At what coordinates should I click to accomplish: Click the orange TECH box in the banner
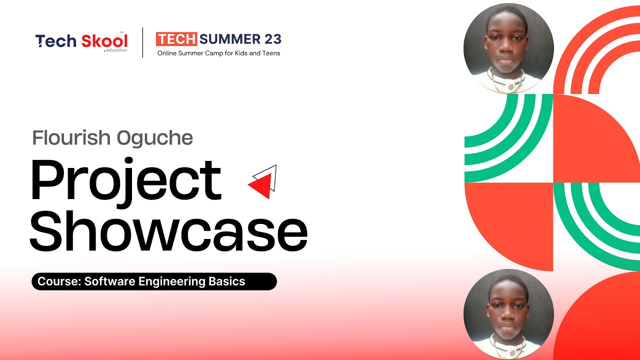point(177,39)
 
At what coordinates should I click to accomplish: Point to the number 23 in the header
point(273,39)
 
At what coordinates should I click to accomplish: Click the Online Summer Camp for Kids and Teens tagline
point(218,53)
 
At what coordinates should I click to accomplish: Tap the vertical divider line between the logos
point(143,42)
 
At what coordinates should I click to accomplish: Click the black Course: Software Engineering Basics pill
point(154,281)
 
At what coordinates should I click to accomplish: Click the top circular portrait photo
point(508,49)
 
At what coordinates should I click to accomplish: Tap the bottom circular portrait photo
point(508,314)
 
